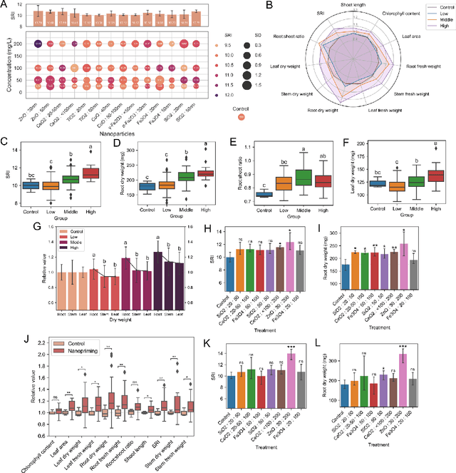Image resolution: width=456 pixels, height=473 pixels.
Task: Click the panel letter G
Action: coord(5,227)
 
